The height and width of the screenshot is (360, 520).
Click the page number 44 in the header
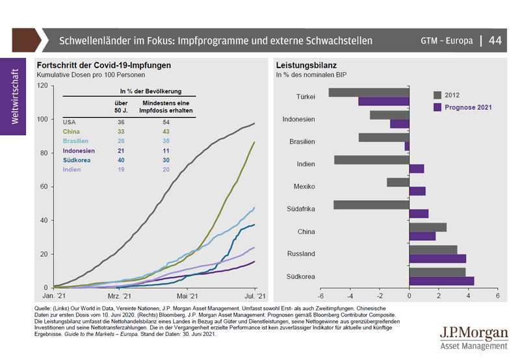click(x=495, y=40)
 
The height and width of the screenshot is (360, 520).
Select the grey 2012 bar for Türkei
click(x=369, y=92)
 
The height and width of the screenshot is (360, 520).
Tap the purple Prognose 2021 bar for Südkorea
click(x=441, y=281)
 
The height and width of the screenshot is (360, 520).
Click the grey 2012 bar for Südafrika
click(x=371, y=205)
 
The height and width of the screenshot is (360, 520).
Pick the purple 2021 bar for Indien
click(x=416, y=168)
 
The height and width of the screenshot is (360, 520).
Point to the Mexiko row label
click(x=304, y=186)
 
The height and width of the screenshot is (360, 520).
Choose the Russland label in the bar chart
click(x=301, y=253)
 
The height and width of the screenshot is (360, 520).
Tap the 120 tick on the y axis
click(x=43, y=85)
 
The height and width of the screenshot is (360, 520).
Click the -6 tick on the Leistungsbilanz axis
click(x=320, y=296)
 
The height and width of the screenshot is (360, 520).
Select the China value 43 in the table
click(x=166, y=132)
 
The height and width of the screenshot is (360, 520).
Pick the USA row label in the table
click(x=70, y=122)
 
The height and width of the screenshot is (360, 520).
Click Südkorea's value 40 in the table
click(x=121, y=160)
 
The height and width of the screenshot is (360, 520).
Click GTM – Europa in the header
click(x=447, y=40)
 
